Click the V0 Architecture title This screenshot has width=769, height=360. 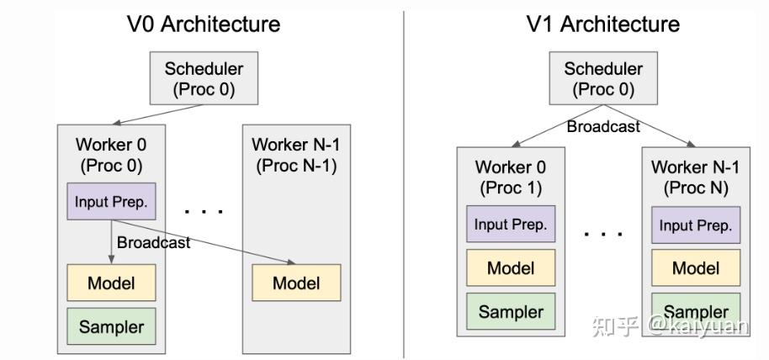(204, 24)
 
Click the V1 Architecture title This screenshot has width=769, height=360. (603, 24)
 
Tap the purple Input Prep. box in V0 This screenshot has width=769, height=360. (111, 202)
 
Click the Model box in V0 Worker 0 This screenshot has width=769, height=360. (111, 282)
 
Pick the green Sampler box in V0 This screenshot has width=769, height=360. (111, 326)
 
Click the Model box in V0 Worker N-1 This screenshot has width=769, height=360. (296, 283)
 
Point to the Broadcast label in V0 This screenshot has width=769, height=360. (153, 243)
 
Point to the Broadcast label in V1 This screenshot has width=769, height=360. (603, 127)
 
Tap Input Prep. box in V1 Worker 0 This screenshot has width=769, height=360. (511, 225)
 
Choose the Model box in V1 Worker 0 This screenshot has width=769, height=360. (511, 268)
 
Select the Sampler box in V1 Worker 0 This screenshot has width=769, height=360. (511, 312)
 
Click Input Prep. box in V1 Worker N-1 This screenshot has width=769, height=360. (696, 225)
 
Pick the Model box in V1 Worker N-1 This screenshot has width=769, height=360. (696, 268)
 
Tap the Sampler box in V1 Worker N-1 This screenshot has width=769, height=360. (696, 312)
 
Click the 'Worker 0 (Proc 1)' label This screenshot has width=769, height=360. (511, 177)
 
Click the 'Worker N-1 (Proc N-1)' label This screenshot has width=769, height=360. (296, 154)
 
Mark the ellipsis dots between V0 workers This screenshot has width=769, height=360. (203, 210)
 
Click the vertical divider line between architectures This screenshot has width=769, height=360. (404, 185)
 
